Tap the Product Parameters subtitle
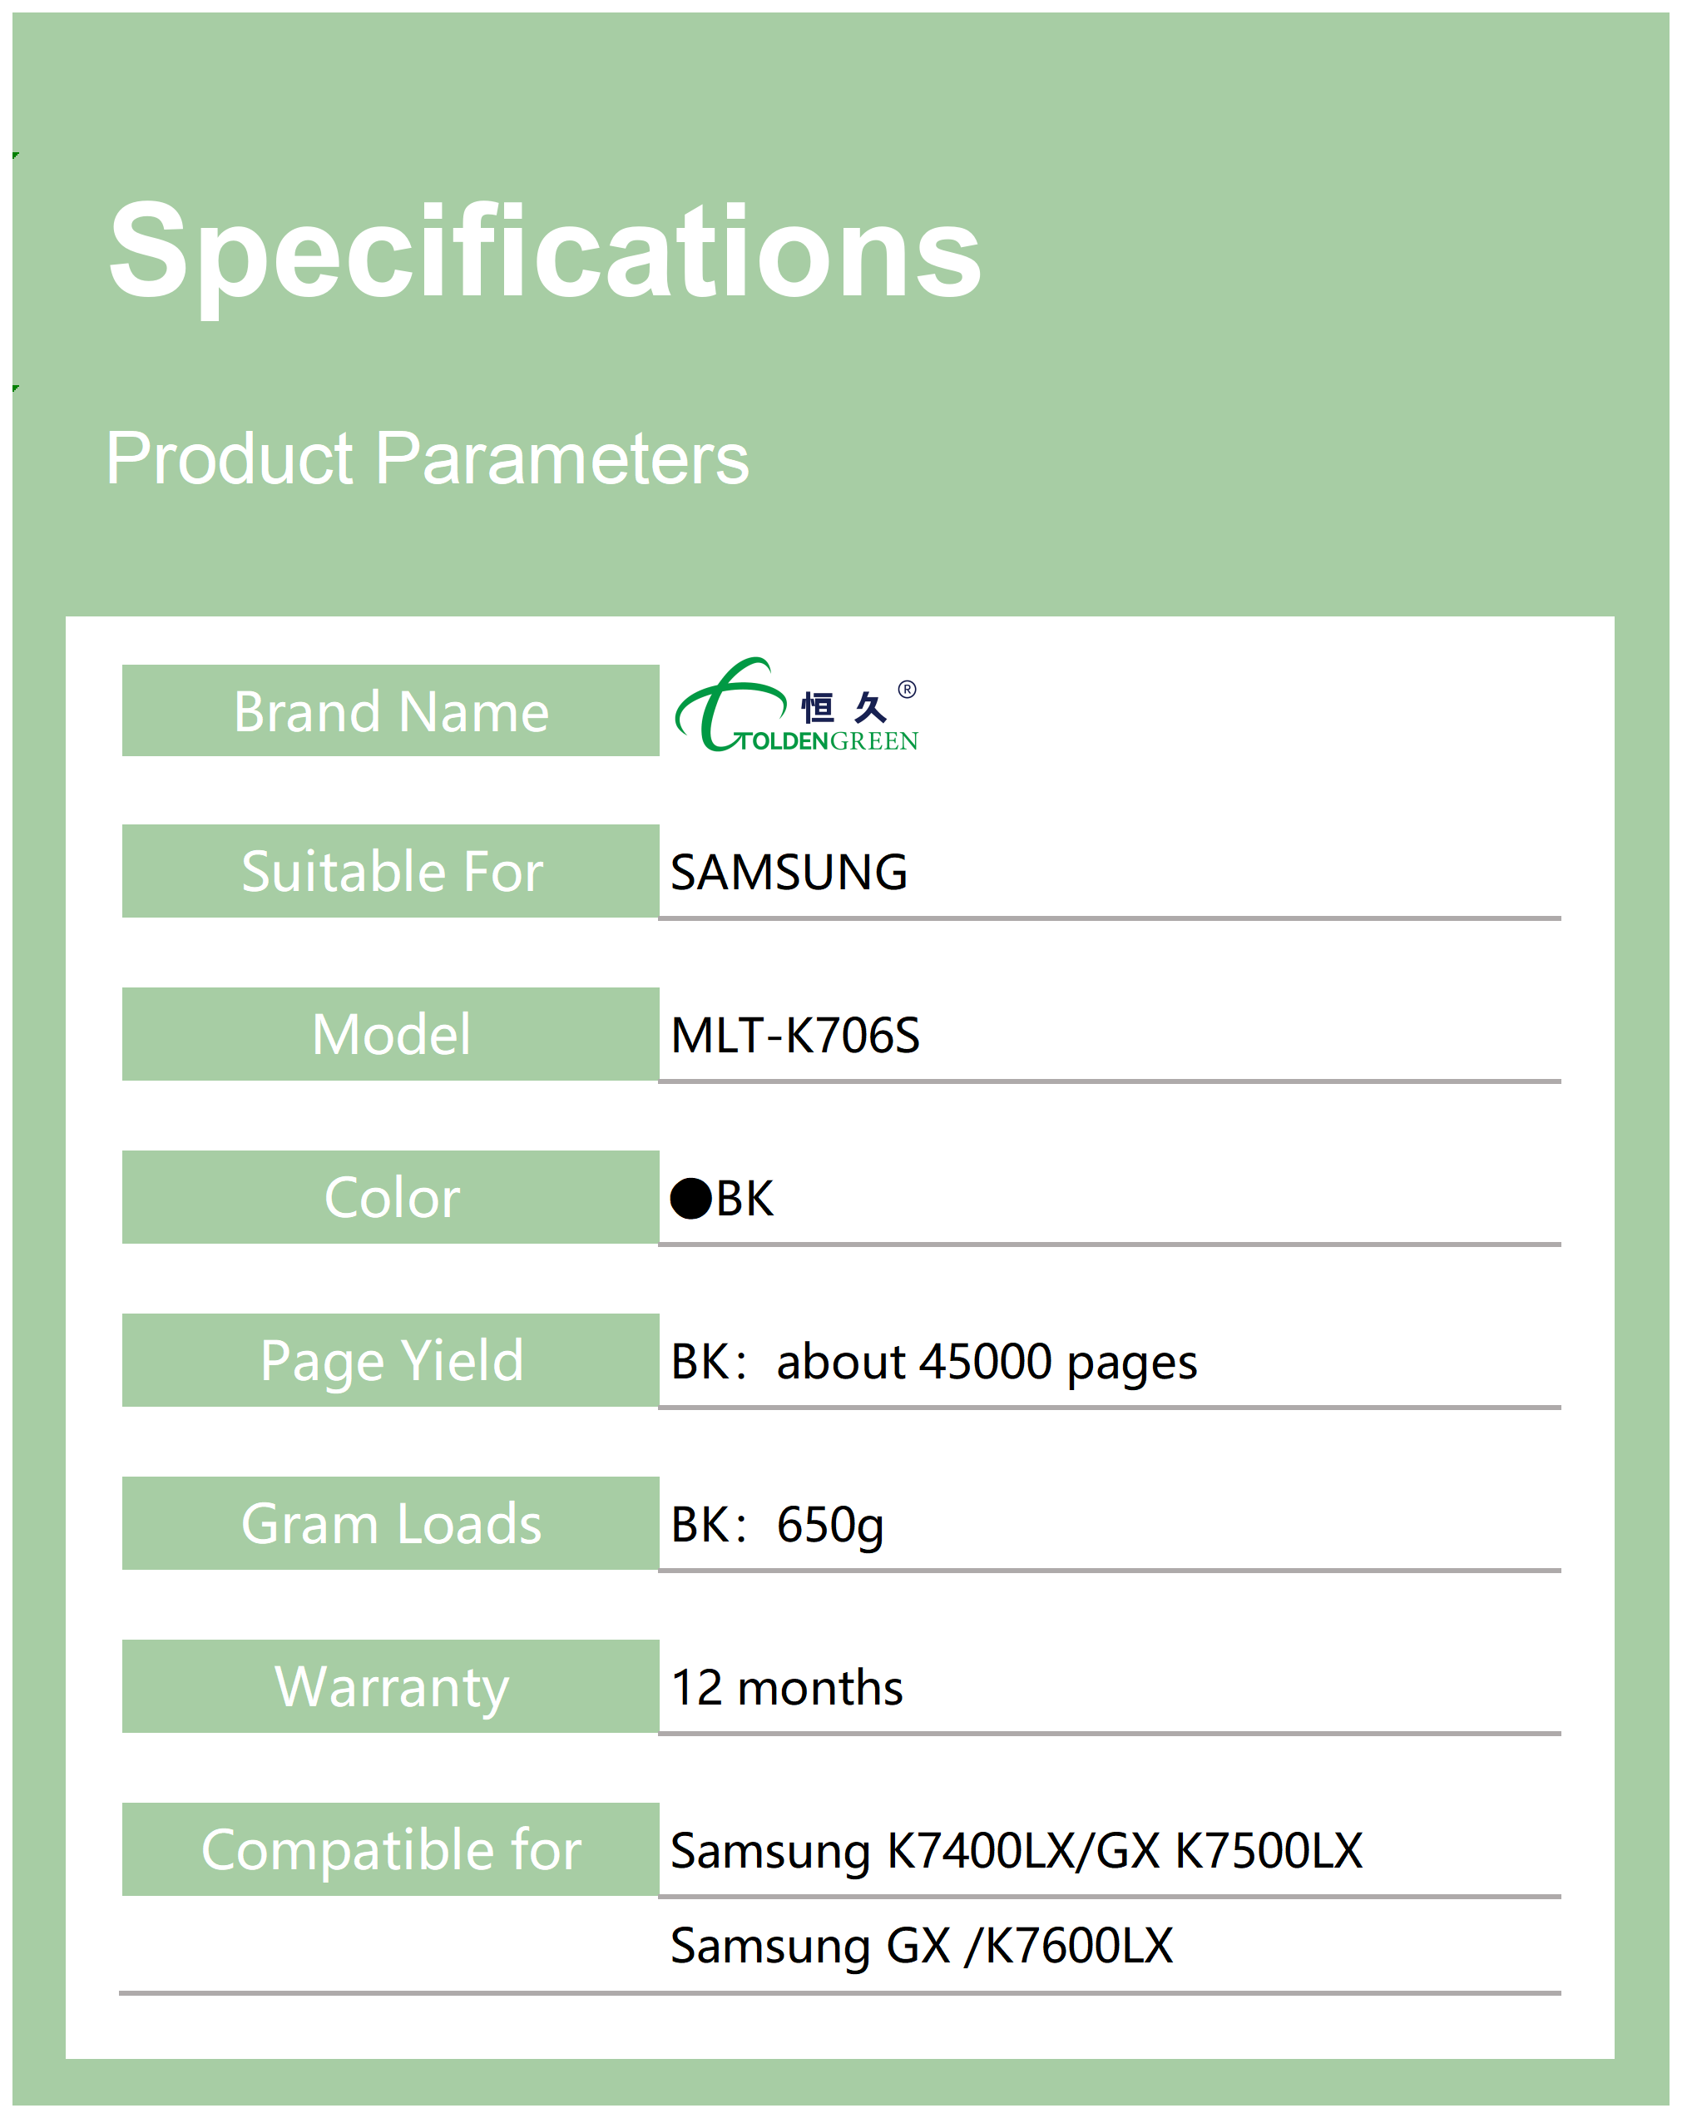tap(428, 458)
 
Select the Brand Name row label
tap(391, 711)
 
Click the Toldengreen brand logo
tap(797, 705)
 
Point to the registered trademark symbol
tap(908, 690)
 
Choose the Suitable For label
tap(392, 871)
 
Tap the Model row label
tap(391, 1034)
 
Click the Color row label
tap(392, 1198)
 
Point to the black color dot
tap(690, 1200)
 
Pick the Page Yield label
tap(392, 1362)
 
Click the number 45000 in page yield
tap(987, 1362)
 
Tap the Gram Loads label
tap(391, 1524)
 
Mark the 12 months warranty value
tap(786, 1688)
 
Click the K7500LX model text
tap(1269, 1851)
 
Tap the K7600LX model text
tap(1079, 1945)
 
